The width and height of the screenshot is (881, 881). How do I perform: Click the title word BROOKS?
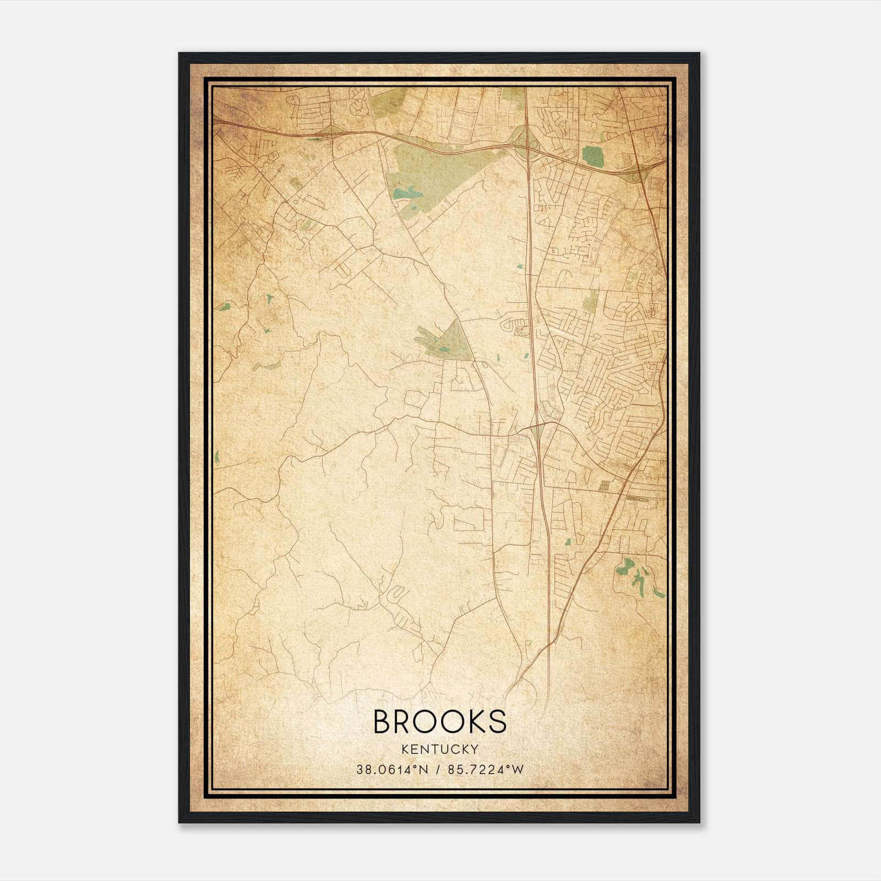coord(440,721)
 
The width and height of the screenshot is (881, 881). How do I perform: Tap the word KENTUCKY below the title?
coord(440,749)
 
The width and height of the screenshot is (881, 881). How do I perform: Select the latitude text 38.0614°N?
coord(391,770)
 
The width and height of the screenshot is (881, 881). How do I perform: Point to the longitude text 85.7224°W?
coord(486,770)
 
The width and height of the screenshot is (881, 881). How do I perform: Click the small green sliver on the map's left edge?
coord(216,456)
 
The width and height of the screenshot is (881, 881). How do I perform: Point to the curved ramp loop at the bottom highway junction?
coord(523,683)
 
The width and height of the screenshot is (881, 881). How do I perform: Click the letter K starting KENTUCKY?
coord(405,749)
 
